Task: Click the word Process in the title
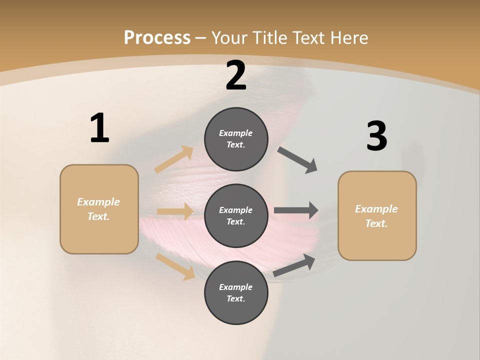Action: click(x=157, y=38)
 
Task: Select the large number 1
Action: click(x=99, y=128)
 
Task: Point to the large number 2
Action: click(x=236, y=75)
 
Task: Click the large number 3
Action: click(x=377, y=136)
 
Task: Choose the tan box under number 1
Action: click(x=99, y=209)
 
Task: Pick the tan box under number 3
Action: click(x=377, y=216)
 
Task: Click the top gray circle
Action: click(x=236, y=139)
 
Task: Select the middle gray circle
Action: click(x=236, y=216)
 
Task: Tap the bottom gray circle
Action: click(x=236, y=293)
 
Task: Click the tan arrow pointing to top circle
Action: click(x=174, y=159)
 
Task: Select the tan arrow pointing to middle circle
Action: click(x=175, y=211)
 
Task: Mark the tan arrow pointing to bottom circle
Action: click(x=175, y=266)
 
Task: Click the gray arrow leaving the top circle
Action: click(x=297, y=160)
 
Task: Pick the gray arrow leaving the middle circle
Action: click(x=296, y=210)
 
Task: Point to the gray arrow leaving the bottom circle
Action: click(x=294, y=265)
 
